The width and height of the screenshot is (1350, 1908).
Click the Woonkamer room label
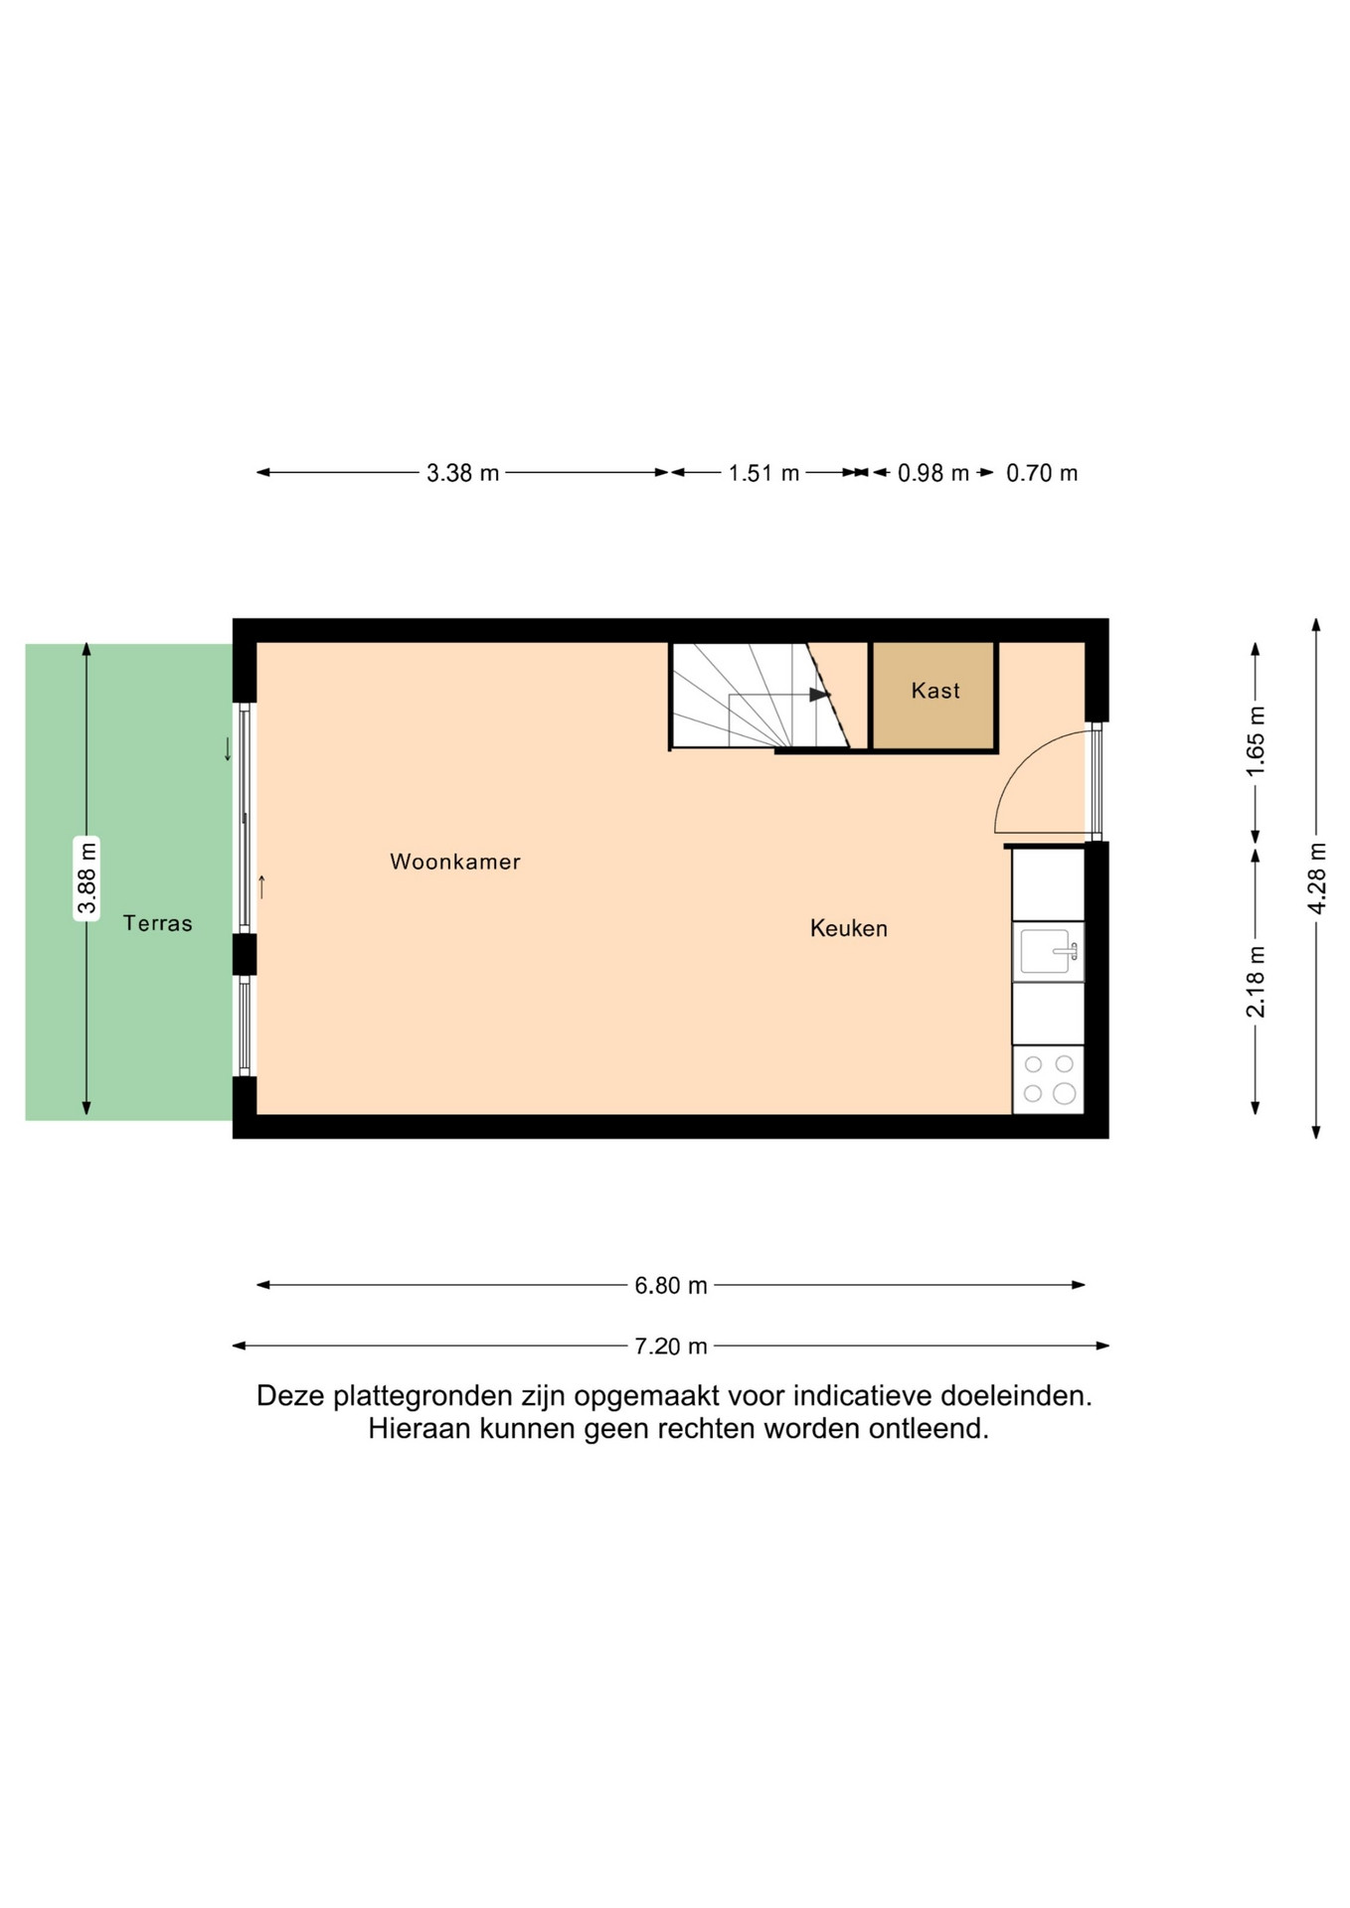455,862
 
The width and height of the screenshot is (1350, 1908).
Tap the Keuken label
849,928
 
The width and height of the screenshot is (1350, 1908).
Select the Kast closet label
935,691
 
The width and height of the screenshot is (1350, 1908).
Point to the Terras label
157,923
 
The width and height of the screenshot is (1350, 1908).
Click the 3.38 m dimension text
463,473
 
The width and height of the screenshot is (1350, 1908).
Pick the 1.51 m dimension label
763,473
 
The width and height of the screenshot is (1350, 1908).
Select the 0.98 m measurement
933,473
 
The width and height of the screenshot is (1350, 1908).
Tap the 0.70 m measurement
1042,473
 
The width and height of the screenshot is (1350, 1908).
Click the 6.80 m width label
671,1286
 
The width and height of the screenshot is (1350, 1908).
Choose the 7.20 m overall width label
671,1347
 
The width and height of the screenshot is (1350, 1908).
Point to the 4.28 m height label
1317,878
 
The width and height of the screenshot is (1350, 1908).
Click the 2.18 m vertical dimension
1257,982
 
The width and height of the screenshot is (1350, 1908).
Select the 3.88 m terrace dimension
87,878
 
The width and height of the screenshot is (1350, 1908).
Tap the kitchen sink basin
1046,951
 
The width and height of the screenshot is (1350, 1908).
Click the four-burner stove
1048,1079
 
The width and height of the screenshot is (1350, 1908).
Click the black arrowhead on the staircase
819,695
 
